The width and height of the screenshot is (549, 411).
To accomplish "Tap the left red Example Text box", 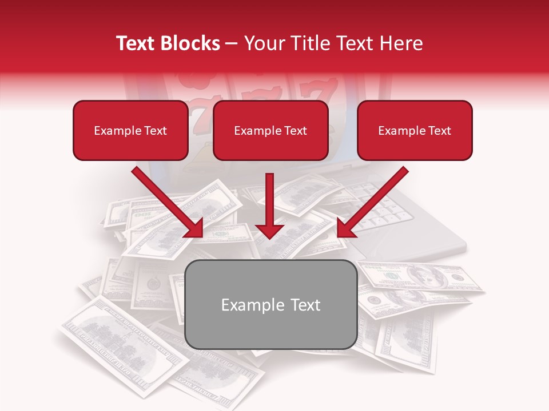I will (130, 131).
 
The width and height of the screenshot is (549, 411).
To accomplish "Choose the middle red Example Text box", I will (270, 131).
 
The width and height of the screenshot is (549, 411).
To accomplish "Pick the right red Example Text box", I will (415, 131).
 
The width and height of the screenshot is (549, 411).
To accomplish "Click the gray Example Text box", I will (271, 304).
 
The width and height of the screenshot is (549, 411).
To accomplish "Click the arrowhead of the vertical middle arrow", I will (269, 231).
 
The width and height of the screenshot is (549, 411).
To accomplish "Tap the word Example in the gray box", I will (250, 305).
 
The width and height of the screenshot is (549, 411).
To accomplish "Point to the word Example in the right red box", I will (401, 131).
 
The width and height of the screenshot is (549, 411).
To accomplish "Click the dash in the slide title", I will (232, 44).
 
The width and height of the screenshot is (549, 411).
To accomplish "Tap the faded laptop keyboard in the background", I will (395, 211).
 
